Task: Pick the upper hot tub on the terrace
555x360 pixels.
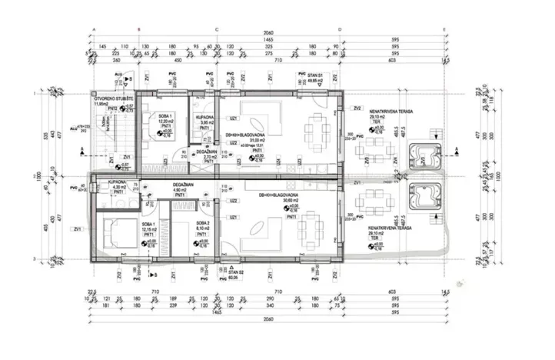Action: pos(424,156)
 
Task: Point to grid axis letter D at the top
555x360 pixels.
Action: pos(339,29)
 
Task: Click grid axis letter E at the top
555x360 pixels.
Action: pos(445,29)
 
